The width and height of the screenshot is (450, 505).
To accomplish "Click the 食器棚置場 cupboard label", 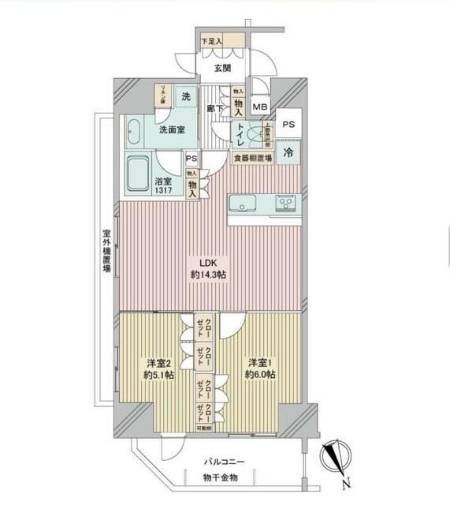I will pyautogui.click(x=252, y=159).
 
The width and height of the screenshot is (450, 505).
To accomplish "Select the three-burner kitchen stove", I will pyautogui.click(x=285, y=204).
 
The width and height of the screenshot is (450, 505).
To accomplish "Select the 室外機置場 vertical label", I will pyautogui.click(x=105, y=252).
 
